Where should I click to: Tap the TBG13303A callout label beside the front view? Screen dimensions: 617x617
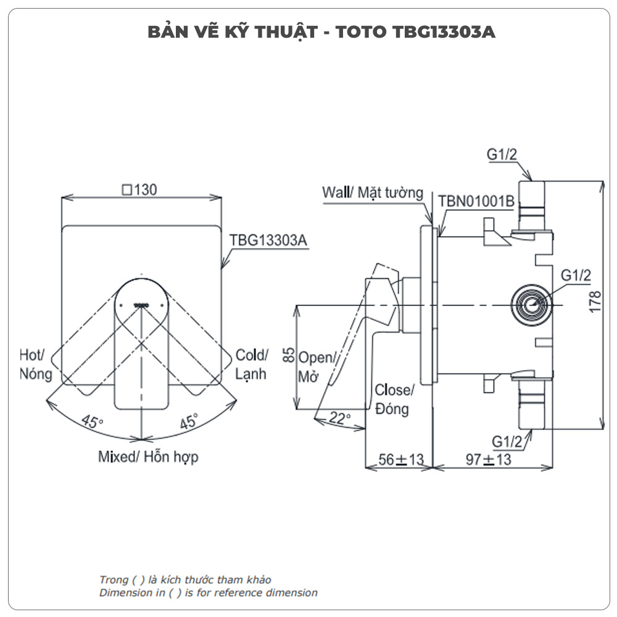[x=268, y=240]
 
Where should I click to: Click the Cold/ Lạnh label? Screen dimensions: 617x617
[x=252, y=364]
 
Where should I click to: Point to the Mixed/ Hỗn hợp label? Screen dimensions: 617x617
[x=148, y=457]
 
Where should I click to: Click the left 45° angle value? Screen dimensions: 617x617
[x=92, y=423]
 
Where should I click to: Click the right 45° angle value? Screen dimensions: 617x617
[x=189, y=423]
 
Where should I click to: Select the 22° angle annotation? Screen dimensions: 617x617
[x=339, y=417]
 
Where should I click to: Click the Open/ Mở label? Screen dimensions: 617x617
[x=317, y=366]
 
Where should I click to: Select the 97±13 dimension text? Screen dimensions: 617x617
[x=488, y=460]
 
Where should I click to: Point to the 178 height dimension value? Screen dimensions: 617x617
[x=595, y=302]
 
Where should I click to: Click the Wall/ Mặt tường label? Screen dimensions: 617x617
[x=373, y=193]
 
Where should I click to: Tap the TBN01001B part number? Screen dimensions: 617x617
[x=476, y=201]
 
